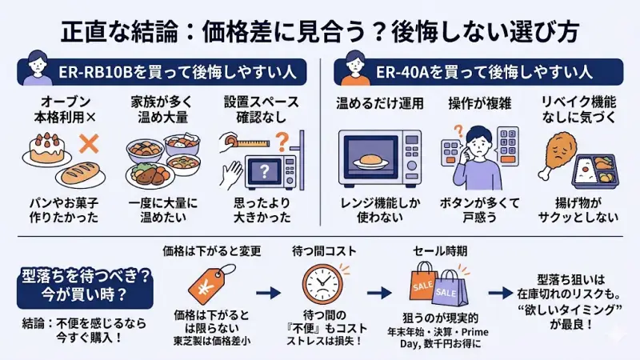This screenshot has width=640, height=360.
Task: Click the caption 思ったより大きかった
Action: pyautogui.click(x=263, y=210)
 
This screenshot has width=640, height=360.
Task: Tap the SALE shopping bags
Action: pyautogui.click(x=442, y=286)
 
